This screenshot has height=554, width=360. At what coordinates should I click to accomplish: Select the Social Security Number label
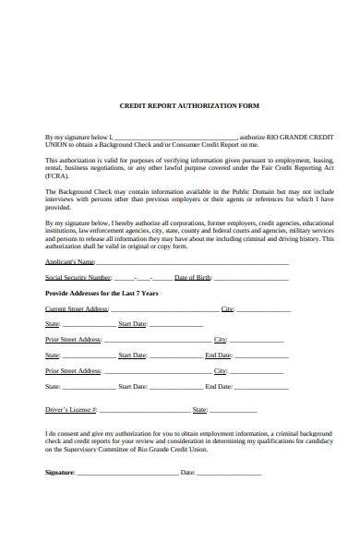[78, 277]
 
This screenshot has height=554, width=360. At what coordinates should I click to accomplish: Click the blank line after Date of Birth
[249, 279]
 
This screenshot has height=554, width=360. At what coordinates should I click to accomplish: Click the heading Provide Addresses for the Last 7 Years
[102, 293]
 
